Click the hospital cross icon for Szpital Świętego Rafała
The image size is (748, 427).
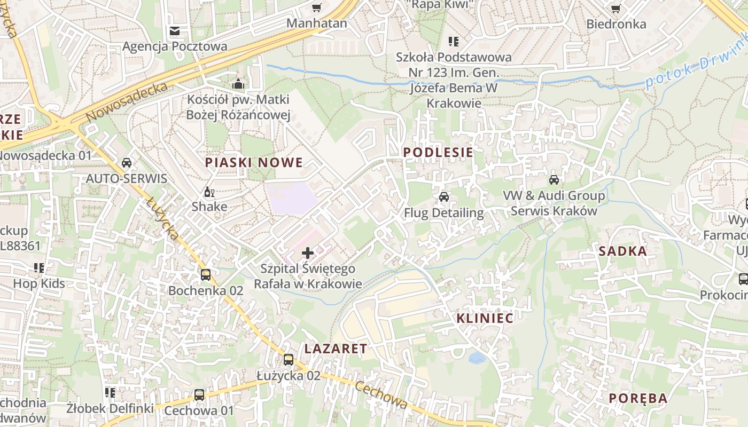pyautogui.click(x=308, y=253)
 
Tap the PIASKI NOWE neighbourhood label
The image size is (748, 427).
pyautogui.click(x=254, y=163)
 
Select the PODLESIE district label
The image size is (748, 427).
pyautogui.click(x=438, y=153)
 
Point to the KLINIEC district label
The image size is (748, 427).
pyautogui.click(x=485, y=319)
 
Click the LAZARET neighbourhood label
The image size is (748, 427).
pyautogui.click(x=336, y=349)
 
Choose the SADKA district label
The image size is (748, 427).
pyautogui.click(x=622, y=251)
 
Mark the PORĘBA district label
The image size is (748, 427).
pyautogui.click(x=638, y=399)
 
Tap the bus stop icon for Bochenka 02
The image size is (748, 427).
pyautogui.click(x=206, y=275)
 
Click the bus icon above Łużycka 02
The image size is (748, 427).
pyautogui.click(x=289, y=360)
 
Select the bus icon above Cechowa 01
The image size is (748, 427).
pyautogui.click(x=199, y=395)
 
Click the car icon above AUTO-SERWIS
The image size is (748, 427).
pyautogui.click(x=127, y=163)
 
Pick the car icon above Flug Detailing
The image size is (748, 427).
pyautogui.click(x=443, y=197)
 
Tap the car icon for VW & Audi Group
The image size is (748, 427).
pyautogui.click(x=554, y=179)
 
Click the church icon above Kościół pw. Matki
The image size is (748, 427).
pyautogui.click(x=238, y=84)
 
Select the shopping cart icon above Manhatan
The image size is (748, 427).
pyautogui.click(x=317, y=7)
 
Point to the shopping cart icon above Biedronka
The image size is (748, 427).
pyautogui.click(x=615, y=8)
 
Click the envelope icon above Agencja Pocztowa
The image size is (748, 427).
pyautogui.click(x=175, y=31)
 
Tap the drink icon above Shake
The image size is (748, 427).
pyautogui.click(x=209, y=192)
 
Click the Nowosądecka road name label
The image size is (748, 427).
pyautogui.click(x=126, y=101)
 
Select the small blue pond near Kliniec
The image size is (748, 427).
pyautogui.click(x=477, y=357)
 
